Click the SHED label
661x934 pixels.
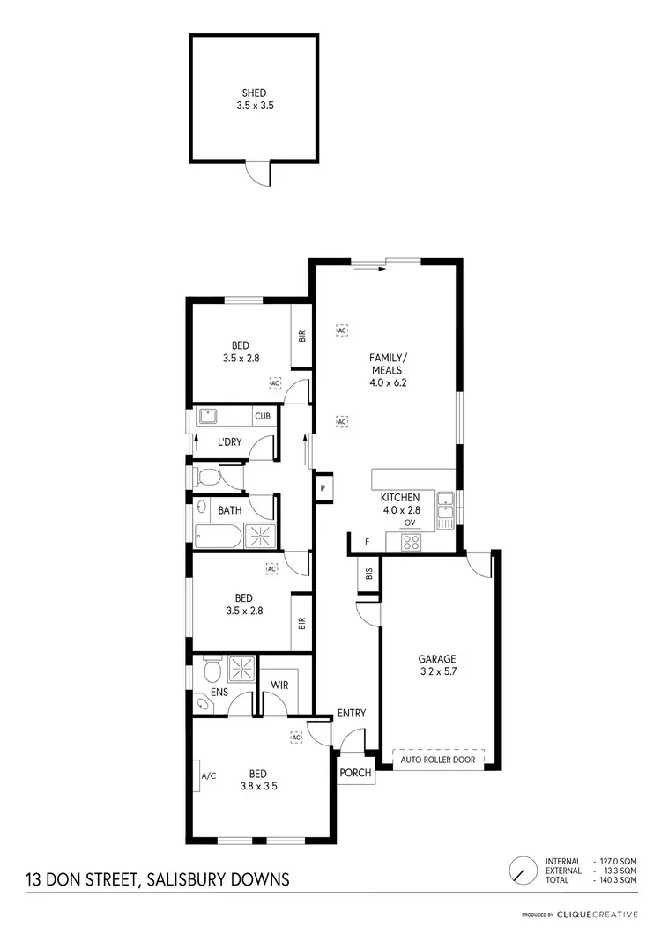[x=254, y=93]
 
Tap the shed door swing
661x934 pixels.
[x=257, y=174]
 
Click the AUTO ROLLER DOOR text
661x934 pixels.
[x=436, y=759]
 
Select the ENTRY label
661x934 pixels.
[x=351, y=713]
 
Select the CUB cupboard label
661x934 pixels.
[x=262, y=416]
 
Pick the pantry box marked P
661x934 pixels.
[x=323, y=488]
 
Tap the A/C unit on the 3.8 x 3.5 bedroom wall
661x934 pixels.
[x=208, y=776]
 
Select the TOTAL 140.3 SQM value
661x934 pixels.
[x=617, y=879]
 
